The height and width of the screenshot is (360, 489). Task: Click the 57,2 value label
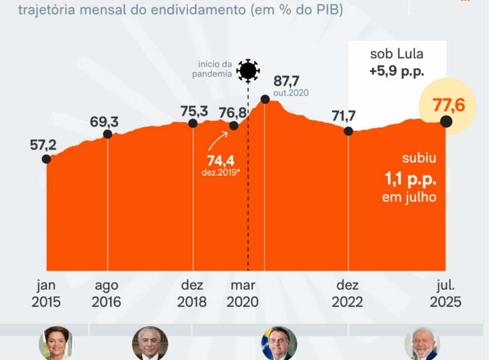pyautogui.click(x=43, y=144)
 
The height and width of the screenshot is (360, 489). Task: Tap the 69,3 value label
pyautogui.click(x=104, y=122)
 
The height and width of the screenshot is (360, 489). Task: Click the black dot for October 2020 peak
pyautogui.click(x=266, y=99)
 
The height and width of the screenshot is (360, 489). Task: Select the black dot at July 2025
pyautogui.click(x=446, y=122)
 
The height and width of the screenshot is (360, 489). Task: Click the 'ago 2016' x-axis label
pyautogui.click(x=107, y=294)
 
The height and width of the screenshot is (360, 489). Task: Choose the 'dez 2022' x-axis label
pyautogui.click(x=348, y=294)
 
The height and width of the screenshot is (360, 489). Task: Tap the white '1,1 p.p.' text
pyautogui.click(x=407, y=180)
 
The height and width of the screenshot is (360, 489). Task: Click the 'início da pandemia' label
pyautogui.click(x=211, y=69)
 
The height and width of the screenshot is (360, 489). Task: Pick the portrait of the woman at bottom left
pyautogui.click(x=56, y=343)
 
